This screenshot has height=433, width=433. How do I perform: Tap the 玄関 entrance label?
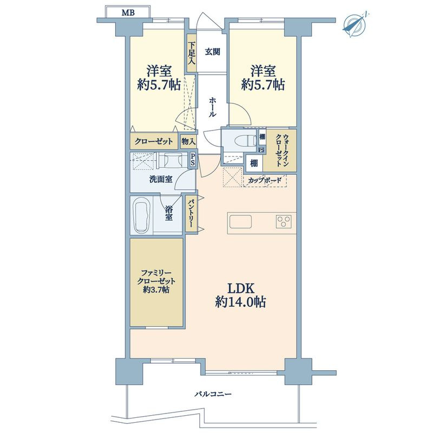pos(212,51)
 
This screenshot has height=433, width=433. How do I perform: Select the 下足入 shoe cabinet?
pos(192,53)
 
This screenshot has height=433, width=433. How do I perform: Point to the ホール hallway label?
pos(212,107)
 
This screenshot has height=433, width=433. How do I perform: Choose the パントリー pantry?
pos(192,214)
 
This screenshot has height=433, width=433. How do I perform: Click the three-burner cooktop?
pos(284,221)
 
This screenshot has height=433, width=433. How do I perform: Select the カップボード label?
pos(265,181)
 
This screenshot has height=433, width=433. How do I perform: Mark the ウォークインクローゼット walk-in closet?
pos(279,150)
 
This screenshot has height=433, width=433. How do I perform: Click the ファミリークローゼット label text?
pos(156,281)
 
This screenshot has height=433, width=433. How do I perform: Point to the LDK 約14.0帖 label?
pos(240,296)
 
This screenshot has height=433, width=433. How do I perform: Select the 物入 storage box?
pos(188,142)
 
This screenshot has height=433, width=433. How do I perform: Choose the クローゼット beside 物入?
pos(154,142)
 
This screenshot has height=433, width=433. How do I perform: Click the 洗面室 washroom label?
pos(161,180)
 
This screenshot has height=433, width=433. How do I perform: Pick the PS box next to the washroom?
pos(193,160)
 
